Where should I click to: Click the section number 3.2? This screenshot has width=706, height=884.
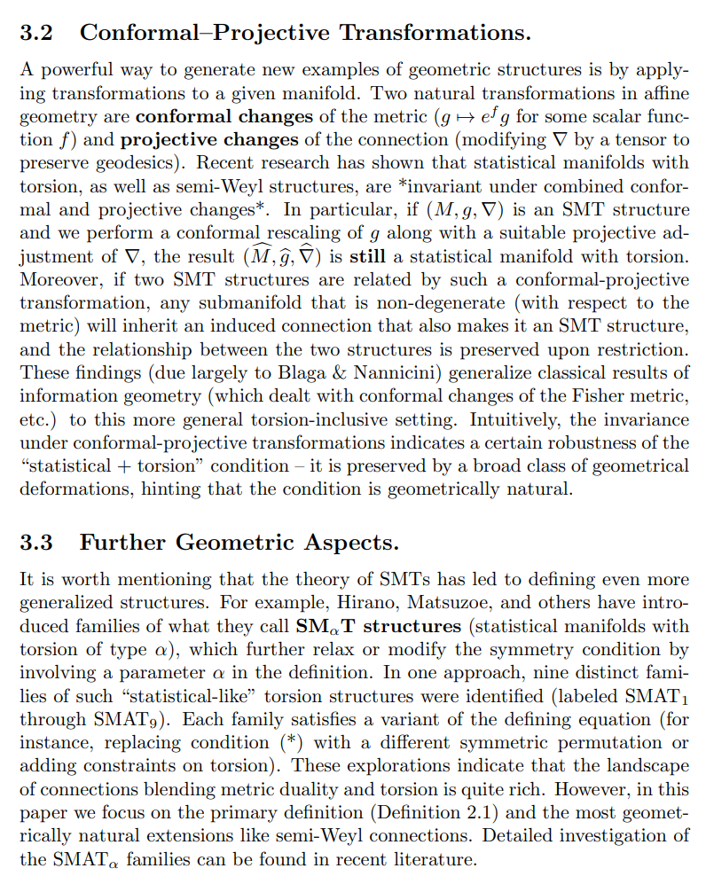tap(36, 34)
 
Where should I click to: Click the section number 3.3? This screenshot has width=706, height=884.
tap(36, 542)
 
